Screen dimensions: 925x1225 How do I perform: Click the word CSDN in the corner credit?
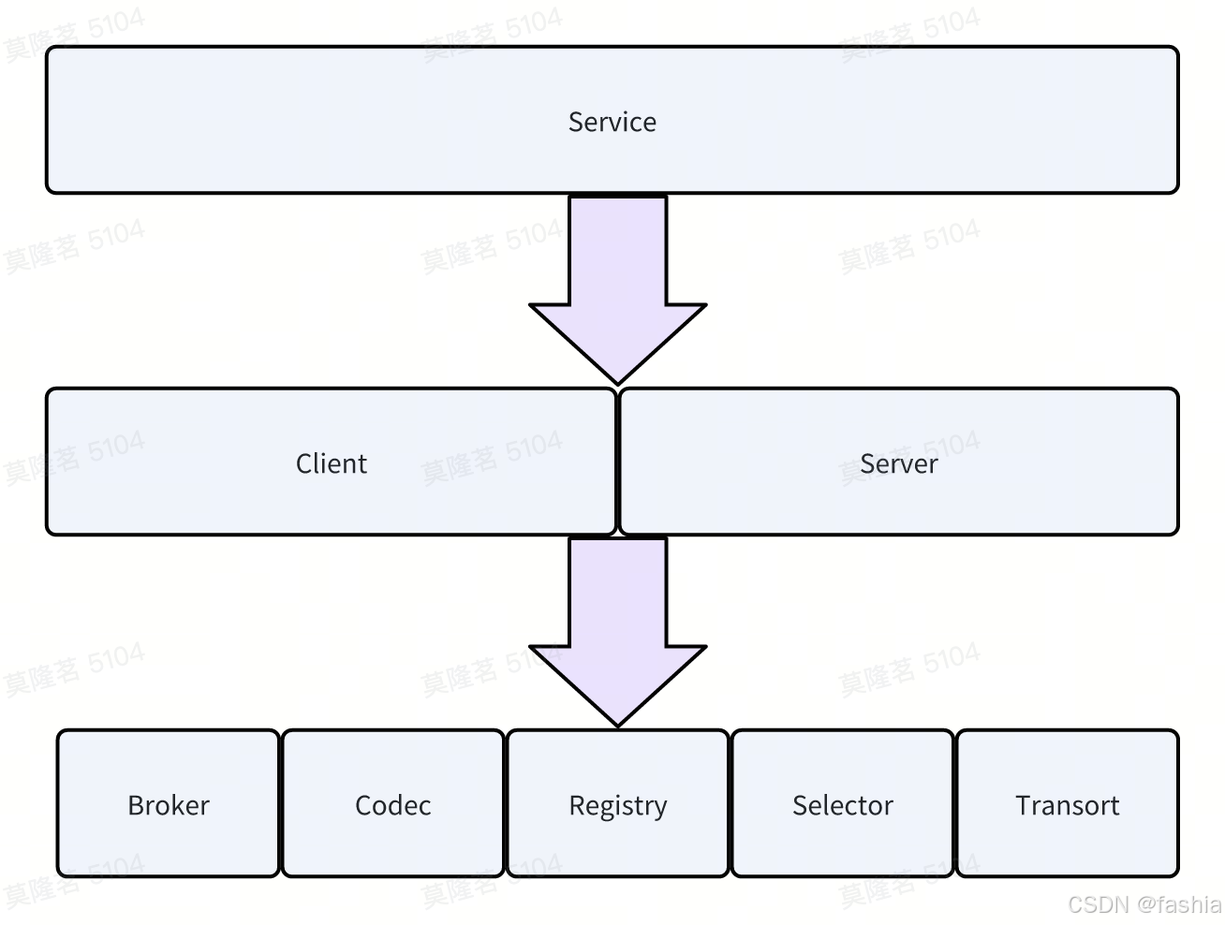[x=1100, y=904]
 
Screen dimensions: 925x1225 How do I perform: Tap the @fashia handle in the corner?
[x=1180, y=904]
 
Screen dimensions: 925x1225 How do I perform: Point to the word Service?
[x=612, y=122]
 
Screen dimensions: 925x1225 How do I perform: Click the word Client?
[x=332, y=463]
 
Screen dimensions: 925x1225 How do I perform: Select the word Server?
[x=898, y=463]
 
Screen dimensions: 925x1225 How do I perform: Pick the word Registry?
[x=618, y=806]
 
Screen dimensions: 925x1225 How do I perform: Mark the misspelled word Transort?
[x=1068, y=805]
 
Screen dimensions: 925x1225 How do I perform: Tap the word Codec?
[x=393, y=805]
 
